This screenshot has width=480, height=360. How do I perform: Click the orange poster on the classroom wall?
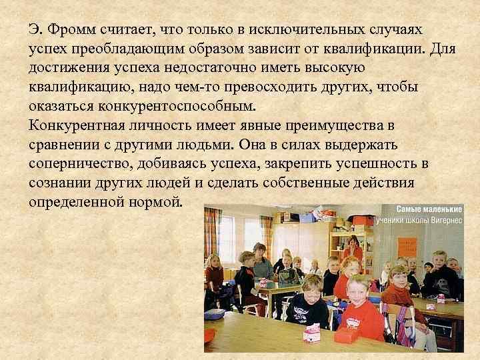[407, 247]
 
